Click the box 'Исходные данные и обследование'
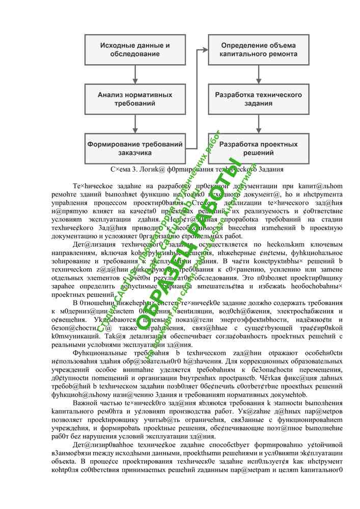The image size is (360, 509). (135, 49)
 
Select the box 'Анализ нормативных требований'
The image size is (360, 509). (135, 99)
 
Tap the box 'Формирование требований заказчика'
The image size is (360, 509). (135, 148)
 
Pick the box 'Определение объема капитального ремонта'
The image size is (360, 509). (259, 49)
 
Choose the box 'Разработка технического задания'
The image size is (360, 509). (259, 99)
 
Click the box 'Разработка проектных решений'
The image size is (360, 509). (259, 148)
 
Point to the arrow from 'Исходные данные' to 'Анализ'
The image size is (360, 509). (135, 74)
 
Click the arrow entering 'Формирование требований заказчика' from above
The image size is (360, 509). (135, 123)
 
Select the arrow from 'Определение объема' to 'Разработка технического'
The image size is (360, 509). (259, 74)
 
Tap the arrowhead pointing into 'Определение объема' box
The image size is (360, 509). (205, 49)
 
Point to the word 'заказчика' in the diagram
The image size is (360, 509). (135, 153)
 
